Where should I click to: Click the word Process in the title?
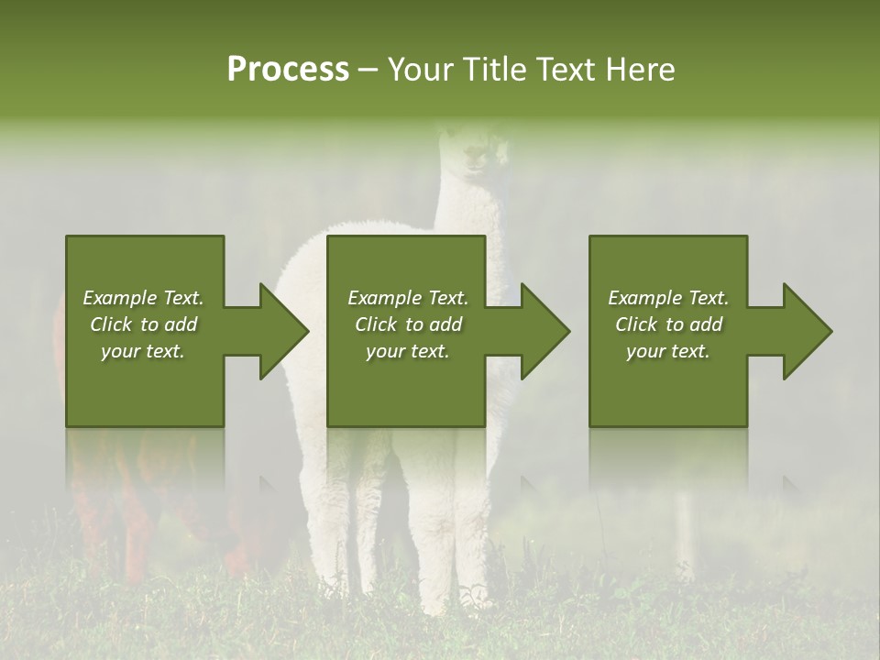coord(288,70)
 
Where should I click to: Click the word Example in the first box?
coord(119,298)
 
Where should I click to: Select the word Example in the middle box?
coord(384,298)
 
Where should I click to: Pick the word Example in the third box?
coord(644,298)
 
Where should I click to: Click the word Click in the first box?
coord(111,324)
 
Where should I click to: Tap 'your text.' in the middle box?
coord(407,351)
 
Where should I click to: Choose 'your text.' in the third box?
coord(667,351)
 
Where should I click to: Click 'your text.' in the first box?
coord(142,351)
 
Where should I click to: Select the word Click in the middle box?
coord(376,324)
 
